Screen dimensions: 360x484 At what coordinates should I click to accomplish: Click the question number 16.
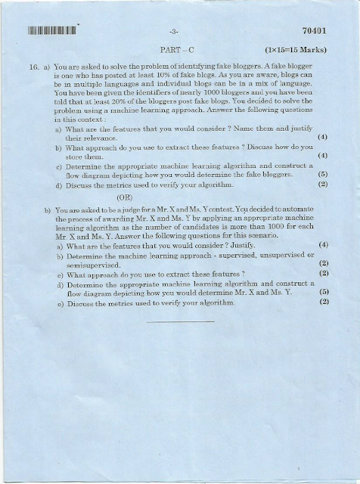point(34,68)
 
